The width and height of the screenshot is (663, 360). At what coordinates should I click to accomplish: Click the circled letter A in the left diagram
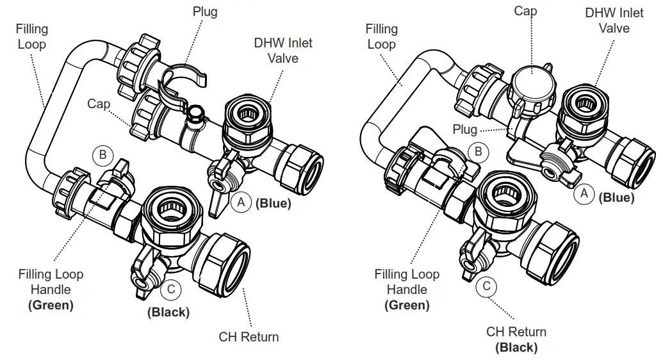tap(241, 203)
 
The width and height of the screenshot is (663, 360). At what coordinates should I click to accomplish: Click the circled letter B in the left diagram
tap(102, 154)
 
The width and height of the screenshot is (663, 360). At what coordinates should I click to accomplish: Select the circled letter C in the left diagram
tap(170, 290)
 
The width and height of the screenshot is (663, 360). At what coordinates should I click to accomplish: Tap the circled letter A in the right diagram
tap(584, 192)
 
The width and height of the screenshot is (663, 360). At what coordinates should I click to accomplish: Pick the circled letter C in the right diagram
tap(486, 286)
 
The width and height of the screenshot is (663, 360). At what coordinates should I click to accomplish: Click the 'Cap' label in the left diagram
tap(99, 104)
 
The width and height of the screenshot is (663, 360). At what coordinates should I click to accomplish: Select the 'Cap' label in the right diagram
tap(525, 11)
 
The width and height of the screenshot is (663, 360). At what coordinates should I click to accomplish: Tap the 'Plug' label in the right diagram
tap(464, 129)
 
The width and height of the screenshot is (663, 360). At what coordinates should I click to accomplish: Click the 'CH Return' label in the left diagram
tap(249, 337)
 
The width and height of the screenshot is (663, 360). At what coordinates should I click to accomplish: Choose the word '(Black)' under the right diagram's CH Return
tap(516, 347)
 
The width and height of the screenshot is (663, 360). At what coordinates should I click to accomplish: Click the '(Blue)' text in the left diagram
tap(274, 204)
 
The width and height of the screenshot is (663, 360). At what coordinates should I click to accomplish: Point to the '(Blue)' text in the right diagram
tap(616, 197)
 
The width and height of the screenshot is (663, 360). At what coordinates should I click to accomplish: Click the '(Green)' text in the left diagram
tap(51, 305)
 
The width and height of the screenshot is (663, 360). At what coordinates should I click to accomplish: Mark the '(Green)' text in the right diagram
tap(407, 305)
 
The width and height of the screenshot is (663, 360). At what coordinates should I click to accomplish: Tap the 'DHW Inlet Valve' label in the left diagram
tap(283, 51)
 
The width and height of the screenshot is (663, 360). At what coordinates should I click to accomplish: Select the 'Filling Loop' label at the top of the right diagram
tap(381, 37)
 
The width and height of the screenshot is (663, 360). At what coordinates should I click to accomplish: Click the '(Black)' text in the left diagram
tap(168, 313)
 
